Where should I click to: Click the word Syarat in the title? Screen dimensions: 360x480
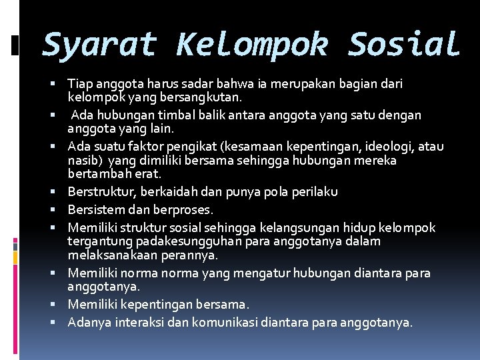pos(99,45)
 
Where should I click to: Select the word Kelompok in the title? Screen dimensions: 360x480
pos(252,45)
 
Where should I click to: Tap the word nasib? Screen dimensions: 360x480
pos(83,161)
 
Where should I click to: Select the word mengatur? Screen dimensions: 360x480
pos(231,273)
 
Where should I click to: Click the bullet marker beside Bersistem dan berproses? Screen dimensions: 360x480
pos(59,210)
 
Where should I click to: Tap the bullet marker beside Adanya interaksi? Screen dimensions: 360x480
pos(59,323)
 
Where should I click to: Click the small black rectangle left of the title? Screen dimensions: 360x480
pos(15,45)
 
